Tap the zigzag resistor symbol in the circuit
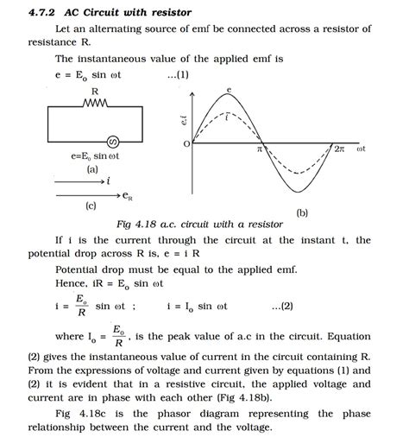pyautogui.click(x=95, y=104)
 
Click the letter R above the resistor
pyautogui.click(x=95, y=91)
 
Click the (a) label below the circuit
pyautogui.click(x=92, y=170)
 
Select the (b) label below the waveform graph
pyautogui.click(x=302, y=212)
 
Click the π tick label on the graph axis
pyautogui.click(x=259, y=149)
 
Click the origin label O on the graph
pyautogui.click(x=187, y=144)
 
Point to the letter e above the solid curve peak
pyautogui.click(x=229, y=89)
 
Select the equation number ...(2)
pyautogui.click(x=281, y=305)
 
